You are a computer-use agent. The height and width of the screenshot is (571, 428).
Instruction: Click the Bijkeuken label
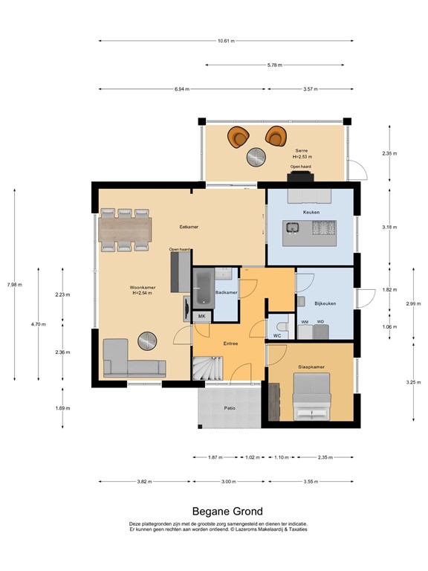tap(325, 304)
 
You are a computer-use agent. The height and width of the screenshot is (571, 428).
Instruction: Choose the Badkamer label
tap(226, 293)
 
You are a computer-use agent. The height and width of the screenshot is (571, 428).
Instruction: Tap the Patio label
tap(230, 408)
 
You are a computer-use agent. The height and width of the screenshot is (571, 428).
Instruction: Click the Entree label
tap(230, 344)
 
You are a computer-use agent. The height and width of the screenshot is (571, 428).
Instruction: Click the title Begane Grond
tap(213, 512)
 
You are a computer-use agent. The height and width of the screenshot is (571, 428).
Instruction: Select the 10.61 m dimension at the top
tap(226, 41)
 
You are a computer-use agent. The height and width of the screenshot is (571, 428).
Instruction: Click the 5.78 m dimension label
tap(274, 65)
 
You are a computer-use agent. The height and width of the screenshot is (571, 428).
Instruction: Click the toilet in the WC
tap(281, 327)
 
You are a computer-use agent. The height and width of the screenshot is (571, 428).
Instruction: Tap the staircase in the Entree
tap(207, 367)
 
